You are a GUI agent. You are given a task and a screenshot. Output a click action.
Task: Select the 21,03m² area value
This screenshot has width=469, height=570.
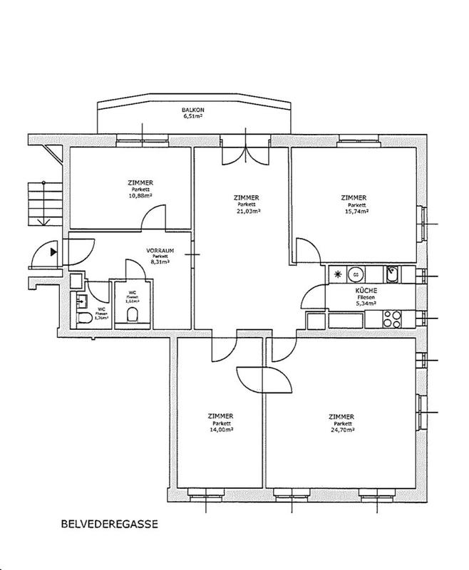click(x=246, y=211)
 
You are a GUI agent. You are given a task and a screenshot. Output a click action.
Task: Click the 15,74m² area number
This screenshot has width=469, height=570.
click(x=354, y=211)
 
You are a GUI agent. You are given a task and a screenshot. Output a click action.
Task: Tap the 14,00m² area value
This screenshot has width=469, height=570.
click(x=220, y=430)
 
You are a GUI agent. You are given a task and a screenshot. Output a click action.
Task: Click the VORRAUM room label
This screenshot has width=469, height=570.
click(x=160, y=251)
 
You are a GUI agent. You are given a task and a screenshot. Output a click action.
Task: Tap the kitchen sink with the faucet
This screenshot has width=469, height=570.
click(x=392, y=272)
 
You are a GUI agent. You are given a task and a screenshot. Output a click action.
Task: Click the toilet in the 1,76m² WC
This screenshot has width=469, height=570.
click(x=83, y=318)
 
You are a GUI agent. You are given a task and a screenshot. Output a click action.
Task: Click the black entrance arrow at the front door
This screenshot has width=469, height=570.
click(x=54, y=250)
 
